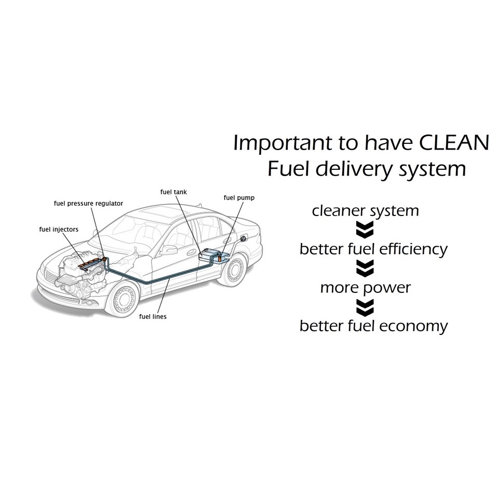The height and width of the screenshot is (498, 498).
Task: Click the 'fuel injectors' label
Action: coord(59,228)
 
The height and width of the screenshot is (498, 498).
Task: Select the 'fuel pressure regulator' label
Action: coord(88,204)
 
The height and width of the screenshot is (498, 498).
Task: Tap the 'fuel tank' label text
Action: coord(173,192)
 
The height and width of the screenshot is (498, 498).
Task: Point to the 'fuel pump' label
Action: coord(239,198)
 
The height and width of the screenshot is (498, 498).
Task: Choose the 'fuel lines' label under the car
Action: coord(152,316)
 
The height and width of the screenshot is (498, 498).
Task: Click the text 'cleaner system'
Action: coord(365,211)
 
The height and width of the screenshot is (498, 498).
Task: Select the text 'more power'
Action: coord(365,288)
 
